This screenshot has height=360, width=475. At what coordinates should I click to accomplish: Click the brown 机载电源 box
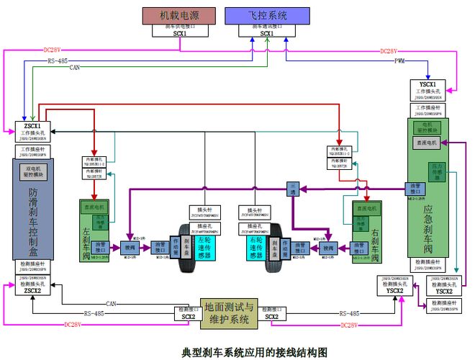pyautogui.click(x=180, y=15)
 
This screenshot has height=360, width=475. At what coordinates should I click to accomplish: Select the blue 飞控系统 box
pyautogui.click(x=266, y=15)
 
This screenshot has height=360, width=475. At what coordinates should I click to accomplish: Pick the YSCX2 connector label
pyautogui.click(x=443, y=292)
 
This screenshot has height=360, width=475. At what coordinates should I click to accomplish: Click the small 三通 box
pyautogui.click(x=293, y=189)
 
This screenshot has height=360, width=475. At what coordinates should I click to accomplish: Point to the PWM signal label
pyautogui.click(x=399, y=62)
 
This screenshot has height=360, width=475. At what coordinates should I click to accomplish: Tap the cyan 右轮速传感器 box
pyautogui.click(x=254, y=246)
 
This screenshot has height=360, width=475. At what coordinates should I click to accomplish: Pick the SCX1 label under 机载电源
pyautogui.click(x=180, y=33)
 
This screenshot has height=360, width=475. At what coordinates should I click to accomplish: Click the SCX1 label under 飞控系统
pyautogui.click(x=266, y=33)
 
